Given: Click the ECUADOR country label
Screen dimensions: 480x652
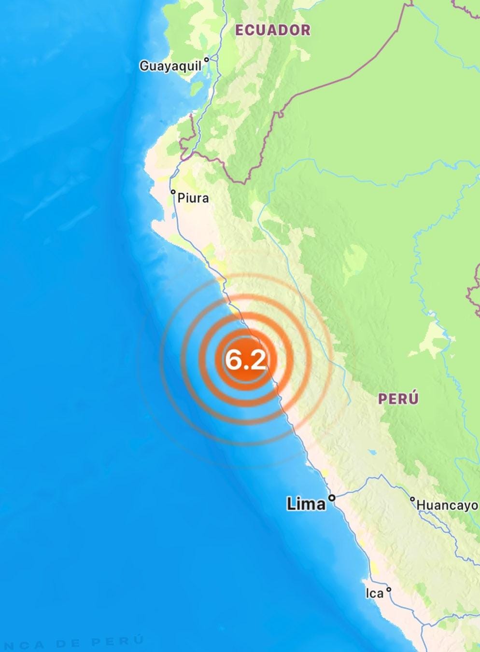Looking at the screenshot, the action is pos(273,30).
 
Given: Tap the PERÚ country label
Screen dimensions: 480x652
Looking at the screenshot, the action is pos(398,399).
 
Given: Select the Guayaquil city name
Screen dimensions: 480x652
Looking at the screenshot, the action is pos(170,66).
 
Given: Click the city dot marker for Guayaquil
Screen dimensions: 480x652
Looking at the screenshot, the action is pos(206,59).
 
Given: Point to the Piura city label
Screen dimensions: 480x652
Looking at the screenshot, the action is pos(193,197).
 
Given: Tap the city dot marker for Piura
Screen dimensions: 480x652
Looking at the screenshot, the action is pos(173,192).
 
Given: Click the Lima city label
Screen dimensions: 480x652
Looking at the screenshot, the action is pos(306,504).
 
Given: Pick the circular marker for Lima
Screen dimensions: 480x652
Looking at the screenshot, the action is pos(332,498).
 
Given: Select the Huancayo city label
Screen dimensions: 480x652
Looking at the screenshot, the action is pos(447,505).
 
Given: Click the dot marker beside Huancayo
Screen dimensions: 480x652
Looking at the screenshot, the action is pos(412,499).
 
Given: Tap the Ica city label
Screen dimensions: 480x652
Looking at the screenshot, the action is pos(374,593).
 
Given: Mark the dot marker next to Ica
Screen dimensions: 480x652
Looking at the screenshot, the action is pos(389,589).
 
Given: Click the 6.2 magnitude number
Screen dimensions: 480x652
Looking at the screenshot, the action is pos(246,360).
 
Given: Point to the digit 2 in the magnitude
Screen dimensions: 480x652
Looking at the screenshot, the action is pos(258,360).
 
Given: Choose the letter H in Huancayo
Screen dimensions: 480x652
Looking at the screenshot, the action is pos(421,505).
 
